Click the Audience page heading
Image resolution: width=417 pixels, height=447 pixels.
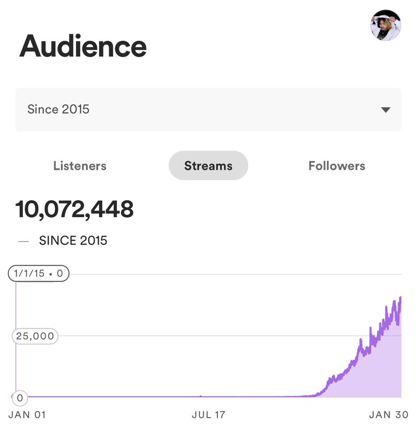(x=83, y=46)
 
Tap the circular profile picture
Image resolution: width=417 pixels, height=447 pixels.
(x=386, y=25)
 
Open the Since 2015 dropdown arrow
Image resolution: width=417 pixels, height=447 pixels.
(x=386, y=110)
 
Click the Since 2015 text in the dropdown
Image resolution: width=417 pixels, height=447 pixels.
(x=58, y=110)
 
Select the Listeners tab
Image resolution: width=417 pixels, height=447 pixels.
(x=80, y=166)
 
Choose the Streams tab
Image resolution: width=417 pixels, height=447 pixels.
(x=208, y=166)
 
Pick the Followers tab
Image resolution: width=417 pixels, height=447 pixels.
(x=337, y=166)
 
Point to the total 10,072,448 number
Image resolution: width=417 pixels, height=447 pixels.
(x=74, y=209)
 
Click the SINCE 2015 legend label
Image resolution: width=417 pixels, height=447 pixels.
(x=73, y=241)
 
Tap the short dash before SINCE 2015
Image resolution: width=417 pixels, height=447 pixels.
(x=23, y=241)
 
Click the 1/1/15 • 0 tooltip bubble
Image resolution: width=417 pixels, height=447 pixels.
(x=39, y=273)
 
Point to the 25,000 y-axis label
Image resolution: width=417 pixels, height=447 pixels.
(x=35, y=336)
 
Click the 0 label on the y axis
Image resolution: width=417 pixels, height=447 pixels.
(x=20, y=398)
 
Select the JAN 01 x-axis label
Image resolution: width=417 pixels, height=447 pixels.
(x=27, y=415)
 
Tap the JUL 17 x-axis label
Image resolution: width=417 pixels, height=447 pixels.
(x=209, y=415)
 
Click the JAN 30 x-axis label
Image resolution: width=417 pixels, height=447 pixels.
(x=389, y=415)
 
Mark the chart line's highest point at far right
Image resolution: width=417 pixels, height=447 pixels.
(x=401, y=297)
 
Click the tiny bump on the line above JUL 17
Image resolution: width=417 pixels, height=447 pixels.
(x=201, y=396)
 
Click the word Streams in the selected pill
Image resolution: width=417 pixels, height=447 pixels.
(x=208, y=166)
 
